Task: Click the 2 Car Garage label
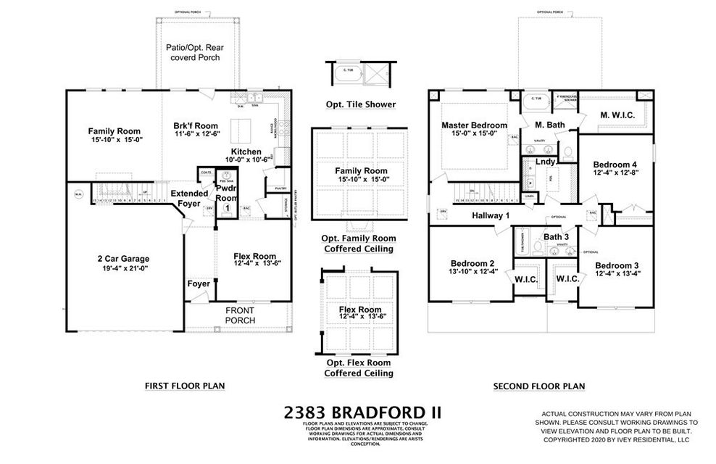pyautogui.click(x=119, y=259)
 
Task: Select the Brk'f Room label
pyautogui.click(x=196, y=126)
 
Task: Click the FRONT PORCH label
pyautogui.click(x=239, y=315)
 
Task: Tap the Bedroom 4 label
pyautogui.click(x=615, y=165)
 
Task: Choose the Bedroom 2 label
pyautogui.click(x=472, y=263)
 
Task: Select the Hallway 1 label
pyautogui.click(x=491, y=215)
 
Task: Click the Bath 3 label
pyautogui.click(x=556, y=237)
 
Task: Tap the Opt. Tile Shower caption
pyautogui.click(x=360, y=104)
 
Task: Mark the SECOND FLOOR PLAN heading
pyautogui.click(x=538, y=386)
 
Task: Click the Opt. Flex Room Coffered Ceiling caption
pyautogui.click(x=359, y=368)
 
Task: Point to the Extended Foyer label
pyautogui.click(x=189, y=199)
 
